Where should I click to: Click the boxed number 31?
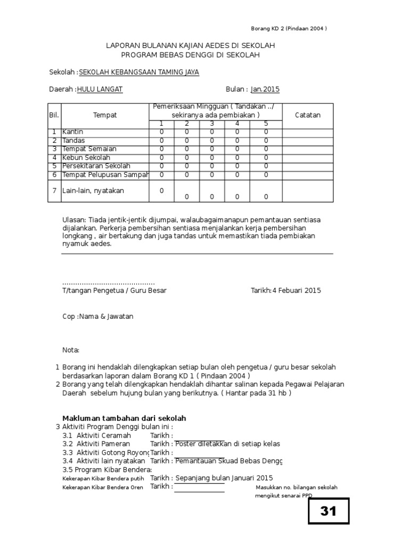tap(329, 511)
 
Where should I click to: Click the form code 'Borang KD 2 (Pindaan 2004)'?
tap(289, 29)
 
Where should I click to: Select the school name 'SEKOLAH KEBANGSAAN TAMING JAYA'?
tap(139, 72)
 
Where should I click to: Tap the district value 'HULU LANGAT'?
tap(100, 90)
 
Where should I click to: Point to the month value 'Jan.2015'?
tap(265, 90)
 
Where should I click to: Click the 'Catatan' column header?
tap(307, 115)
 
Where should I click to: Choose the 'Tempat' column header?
tap(105, 115)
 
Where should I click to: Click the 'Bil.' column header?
tap(54, 115)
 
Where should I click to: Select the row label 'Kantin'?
tap(73, 132)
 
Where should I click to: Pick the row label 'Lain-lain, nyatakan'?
tap(93, 190)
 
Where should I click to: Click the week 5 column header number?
tap(266, 124)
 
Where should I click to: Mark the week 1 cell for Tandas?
tap(161, 140)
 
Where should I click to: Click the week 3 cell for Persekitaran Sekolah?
tap(212, 166)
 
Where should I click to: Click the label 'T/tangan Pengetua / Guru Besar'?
tap(114, 291)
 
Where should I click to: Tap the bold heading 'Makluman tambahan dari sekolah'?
tap(124, 418)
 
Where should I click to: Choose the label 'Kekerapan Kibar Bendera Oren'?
tap(103, 487)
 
